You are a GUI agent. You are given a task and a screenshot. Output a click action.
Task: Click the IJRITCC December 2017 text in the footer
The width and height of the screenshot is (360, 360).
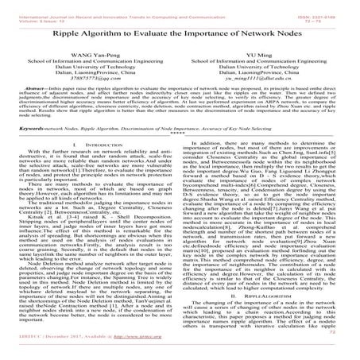[48, 348]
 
